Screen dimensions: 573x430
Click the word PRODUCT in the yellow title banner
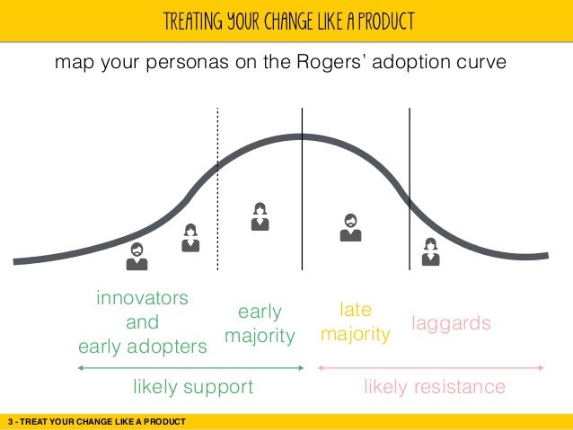pos(386,22)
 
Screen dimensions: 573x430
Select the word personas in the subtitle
pos(187,63)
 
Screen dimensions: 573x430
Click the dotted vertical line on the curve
pos(218,189)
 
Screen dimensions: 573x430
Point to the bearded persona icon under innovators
pos(137,257)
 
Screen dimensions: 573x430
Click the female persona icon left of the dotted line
pos(190,238)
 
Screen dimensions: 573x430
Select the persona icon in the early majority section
pos(260,216)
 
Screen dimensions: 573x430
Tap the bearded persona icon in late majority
pos(351,228)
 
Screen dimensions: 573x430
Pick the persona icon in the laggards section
pos(431,251)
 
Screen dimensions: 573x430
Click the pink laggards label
pos(451,324)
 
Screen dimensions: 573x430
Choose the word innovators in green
pos(142,298)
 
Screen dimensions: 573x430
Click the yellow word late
pos(356,310)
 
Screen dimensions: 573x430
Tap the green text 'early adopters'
pos(143,347)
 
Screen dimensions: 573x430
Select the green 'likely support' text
pos(193,387)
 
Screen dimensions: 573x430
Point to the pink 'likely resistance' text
pos(435,387)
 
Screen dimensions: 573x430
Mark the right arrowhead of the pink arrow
pos(542,368)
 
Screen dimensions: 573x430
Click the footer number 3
pos(10,422)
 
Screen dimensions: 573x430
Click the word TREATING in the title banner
pos(192,22)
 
